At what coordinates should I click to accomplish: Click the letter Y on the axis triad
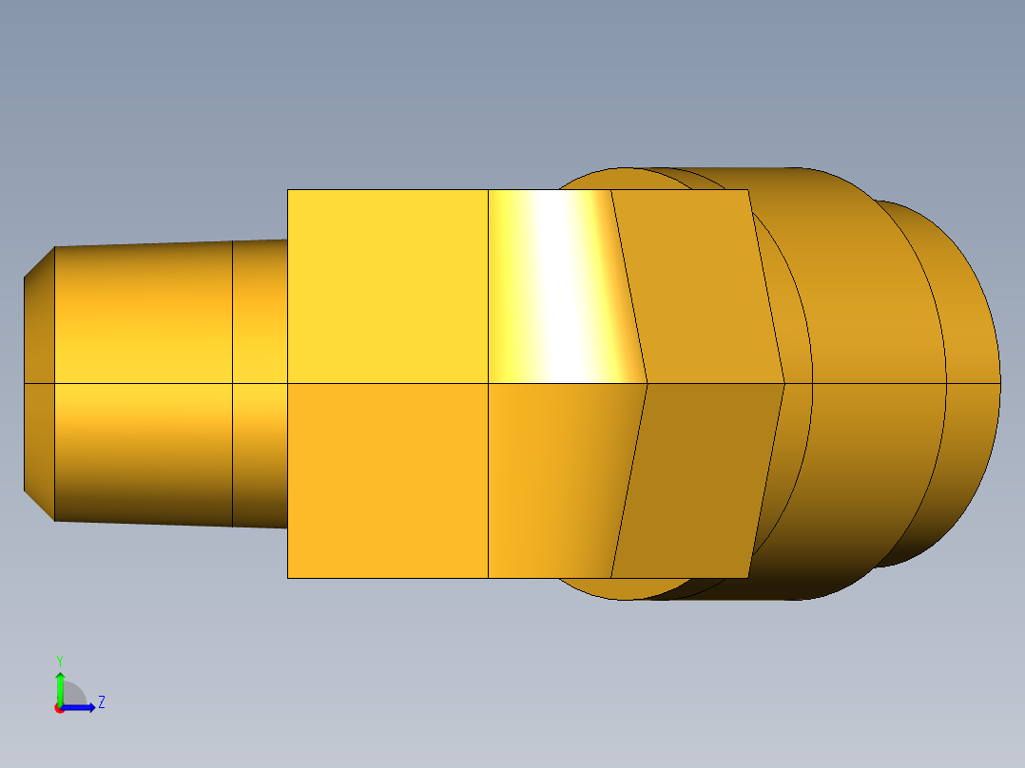[59, 659]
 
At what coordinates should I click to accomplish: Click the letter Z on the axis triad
[101, 702]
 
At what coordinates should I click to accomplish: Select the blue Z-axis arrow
[82, 707]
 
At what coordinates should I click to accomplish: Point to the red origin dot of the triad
[59, 708]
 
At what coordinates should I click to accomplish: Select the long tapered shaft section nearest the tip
[143, 314]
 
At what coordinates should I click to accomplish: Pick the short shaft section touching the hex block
[260, 314]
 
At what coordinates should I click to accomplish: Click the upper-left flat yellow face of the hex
[387, 285]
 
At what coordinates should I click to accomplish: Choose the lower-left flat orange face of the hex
[387, 480]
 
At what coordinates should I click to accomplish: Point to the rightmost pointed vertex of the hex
[784, 384]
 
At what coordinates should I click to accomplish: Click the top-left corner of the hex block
[288, 190]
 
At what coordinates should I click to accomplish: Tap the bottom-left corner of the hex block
[288, 577]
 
